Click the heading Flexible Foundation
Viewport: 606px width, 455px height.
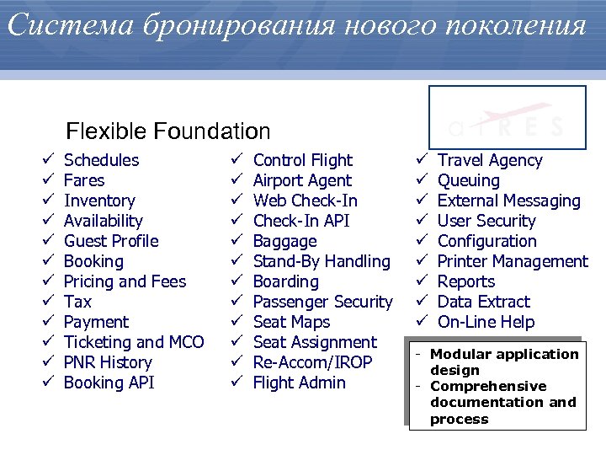(168, 131)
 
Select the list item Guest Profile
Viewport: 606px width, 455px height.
(111, 241)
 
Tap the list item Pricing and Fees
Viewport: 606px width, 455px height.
(125, 281)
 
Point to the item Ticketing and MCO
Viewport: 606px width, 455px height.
(134, 342)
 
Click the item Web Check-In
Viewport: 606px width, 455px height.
(305, 201)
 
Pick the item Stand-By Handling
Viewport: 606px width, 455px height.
(322, 261)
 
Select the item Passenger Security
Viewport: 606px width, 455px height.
(322, 302)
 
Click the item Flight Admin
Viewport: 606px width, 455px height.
(299, 383)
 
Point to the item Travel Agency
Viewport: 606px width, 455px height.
(490, 160)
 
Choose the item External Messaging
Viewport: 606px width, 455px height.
(508, 201)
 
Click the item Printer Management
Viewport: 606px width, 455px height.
(513, 261)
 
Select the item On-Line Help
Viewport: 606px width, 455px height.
(486, 322)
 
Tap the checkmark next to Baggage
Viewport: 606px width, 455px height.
(237, 241)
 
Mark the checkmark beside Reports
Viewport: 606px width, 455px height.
(422, 281)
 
